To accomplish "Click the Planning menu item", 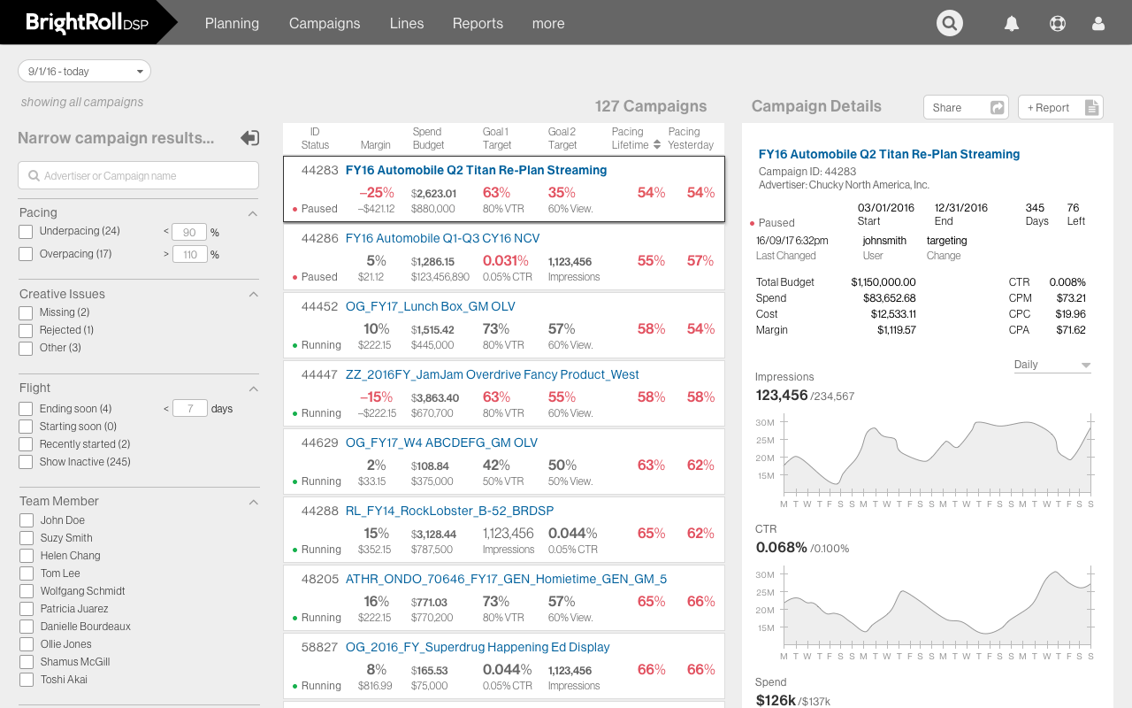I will (232, 23).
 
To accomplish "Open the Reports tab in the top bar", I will (478, 23).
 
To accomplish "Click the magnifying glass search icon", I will (950, 23).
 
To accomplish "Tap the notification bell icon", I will (1012, 24).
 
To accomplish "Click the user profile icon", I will (1098, 24).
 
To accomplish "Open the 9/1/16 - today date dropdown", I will (84, 71).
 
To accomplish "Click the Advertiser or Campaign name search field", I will (139, 175).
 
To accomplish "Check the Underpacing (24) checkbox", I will (26, 232).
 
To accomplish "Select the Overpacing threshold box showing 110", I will (189, 254).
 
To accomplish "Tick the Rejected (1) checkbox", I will (26, 331).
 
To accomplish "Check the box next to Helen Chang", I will (27, 556).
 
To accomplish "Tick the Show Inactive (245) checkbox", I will (26, 462).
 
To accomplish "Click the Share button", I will (967, 107).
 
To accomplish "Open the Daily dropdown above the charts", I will (1052, 365).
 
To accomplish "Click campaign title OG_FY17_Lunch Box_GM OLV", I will (430, 306).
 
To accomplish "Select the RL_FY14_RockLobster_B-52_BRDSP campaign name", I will (449, 511).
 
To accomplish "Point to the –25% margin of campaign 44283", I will (376, 192).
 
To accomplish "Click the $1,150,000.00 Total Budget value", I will (883, 282).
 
